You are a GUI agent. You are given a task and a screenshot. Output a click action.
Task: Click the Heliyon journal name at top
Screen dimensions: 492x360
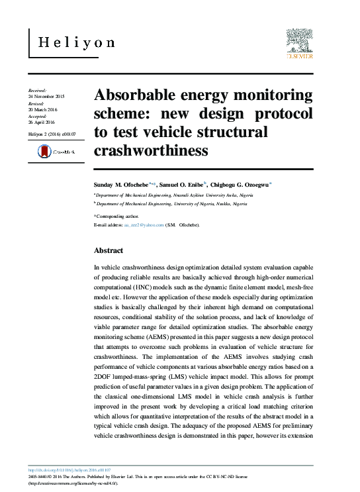coord(76,43)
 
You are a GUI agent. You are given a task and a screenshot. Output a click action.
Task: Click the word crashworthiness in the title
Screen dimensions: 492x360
coord(151,151)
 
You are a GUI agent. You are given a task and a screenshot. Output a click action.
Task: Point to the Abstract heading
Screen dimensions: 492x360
coord(109,251)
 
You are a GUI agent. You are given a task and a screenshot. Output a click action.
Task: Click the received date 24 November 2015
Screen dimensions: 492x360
coord(46,97)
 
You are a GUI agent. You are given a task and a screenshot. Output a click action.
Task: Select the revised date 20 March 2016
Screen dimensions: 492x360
coord(43,109)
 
